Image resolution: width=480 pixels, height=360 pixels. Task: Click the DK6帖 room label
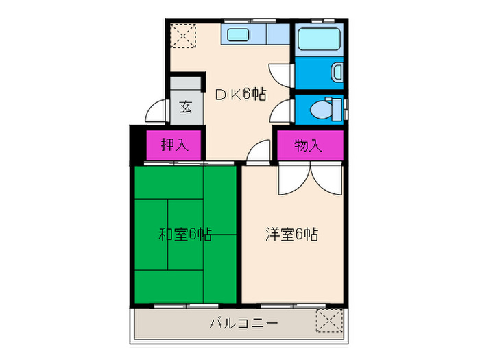pos(241,95)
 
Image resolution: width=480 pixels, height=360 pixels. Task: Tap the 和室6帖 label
pos(184,235)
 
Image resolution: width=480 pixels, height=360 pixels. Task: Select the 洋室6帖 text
pos(292,235)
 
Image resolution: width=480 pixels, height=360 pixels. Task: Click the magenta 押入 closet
pos(173,145)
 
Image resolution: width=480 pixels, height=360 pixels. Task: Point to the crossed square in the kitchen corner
pos(184,36)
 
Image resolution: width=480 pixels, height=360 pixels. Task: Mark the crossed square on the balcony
pos(329,320)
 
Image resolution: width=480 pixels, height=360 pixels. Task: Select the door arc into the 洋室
pos(259,153)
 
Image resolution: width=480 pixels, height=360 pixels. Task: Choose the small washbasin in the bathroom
pos(337,71)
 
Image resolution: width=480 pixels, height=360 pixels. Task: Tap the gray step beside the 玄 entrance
pos(186,84)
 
